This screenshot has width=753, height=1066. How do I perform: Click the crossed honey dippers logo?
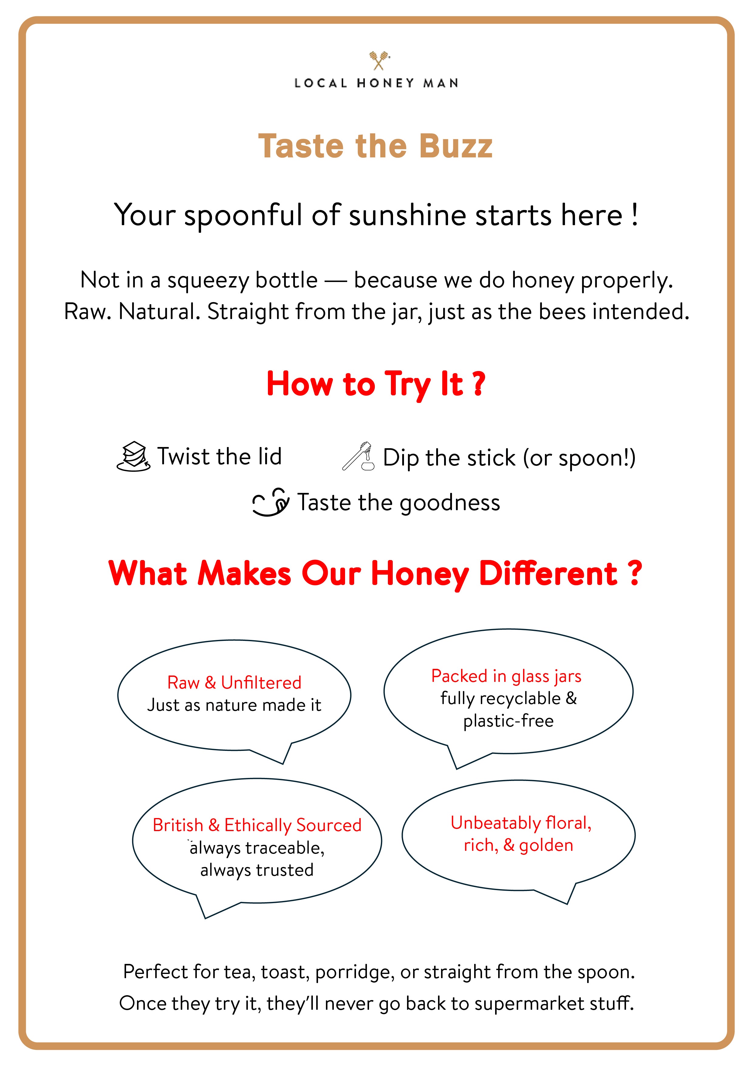[379, 60]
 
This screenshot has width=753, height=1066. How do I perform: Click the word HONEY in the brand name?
[385, 83]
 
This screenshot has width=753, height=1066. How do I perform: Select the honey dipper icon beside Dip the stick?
[358, 456]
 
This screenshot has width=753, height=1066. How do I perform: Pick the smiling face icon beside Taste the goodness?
[270, 502]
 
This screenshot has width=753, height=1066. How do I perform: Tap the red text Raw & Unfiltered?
[234, 683]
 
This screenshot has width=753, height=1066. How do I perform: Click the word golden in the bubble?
[546, 845]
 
